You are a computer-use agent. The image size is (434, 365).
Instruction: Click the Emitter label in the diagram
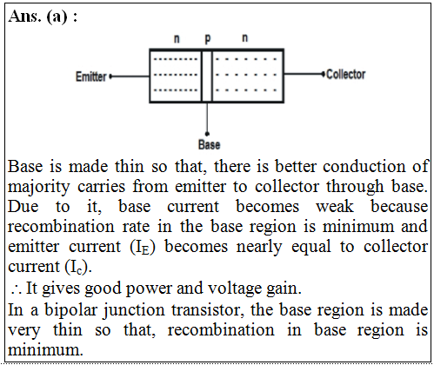click(x=91, y=76)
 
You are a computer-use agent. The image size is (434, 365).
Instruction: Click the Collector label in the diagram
click(x=345, y=75)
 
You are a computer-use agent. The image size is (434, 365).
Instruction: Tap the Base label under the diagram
click(x=209, y=144)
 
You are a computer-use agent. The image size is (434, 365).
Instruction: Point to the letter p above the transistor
click(x=208, y=39)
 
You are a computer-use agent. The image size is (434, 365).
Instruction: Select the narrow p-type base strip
click(x=207, y=76)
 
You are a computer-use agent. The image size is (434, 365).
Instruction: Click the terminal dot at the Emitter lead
click(x=110, y=76)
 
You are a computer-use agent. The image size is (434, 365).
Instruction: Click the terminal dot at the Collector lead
click(x=324, y=74)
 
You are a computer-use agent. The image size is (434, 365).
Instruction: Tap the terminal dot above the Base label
click(x=207, y=134)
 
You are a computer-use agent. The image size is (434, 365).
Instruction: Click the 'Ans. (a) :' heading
click(x=43, y=17)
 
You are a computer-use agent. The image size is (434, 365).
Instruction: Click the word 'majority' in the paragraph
click(x=39, y=188)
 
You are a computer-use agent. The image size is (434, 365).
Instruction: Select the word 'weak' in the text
click(x=335, y=207)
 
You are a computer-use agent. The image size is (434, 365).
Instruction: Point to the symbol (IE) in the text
click(x=143, y=248)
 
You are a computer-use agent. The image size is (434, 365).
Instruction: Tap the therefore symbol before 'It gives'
click(x=16, y=289)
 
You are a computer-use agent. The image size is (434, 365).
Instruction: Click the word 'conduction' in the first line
click(x=364, y=167)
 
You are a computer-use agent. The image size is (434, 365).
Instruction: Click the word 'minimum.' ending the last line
click(x=45, y=349)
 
